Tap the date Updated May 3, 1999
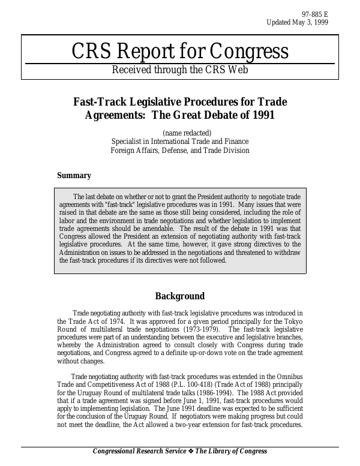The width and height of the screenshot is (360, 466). click(x=297, y=23)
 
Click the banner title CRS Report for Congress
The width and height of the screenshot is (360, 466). click(x=180, y=52)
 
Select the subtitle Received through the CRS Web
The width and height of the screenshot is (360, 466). click(x=180, y=70)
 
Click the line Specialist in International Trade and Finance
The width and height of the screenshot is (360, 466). click(x=180, y=142)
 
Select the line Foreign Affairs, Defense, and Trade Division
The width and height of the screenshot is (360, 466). click(x=180, y=151)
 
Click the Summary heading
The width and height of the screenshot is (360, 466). click(x=74, y=176)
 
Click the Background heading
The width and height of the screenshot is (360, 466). click(x=180, y=296)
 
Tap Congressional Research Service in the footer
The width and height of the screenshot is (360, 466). click(x=142, y=452)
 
